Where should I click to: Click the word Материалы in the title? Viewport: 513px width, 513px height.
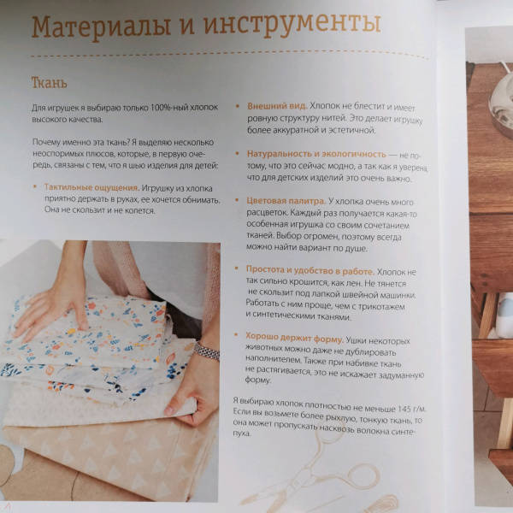pyautogui.click(x=102, y=27)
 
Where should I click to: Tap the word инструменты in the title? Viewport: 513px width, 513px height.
pyautogui.click(x=292, y=24)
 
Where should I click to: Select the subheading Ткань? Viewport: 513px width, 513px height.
pyautogui.click(x=49, y=83)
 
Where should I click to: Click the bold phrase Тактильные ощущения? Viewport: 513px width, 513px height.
pyautogui.click(x=92, y=187)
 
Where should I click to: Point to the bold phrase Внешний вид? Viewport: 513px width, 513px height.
pyautogui.click(x=277, y=106)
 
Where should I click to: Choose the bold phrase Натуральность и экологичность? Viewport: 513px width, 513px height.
pyautogui.click(x=316, y=153)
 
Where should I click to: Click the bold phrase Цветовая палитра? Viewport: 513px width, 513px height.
pyautogui.click(x=286, y=201)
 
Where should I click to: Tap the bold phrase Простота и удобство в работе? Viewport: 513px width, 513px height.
pyautogui.click(x=310, y=270)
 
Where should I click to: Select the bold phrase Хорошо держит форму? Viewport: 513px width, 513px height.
pyautogui.click(x=294, y=338)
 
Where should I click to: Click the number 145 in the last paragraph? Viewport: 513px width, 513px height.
pyautogui.click(x=404, y=409)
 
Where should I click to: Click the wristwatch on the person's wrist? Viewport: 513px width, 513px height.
pyautogui.click(x=206, y=351)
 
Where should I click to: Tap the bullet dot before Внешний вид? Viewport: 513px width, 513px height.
pyautogui.click(x=239, y=106)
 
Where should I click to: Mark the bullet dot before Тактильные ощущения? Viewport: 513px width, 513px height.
pyautogui.click(x=35, y=186)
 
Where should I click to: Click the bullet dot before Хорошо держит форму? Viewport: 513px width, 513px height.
pyautogui.click(x=236, y=334)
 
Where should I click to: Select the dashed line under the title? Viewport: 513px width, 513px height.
pyautogui.click(x=229, y=55)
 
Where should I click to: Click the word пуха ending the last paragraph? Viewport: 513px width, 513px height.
pyautogui.click(x=241, y=433)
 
